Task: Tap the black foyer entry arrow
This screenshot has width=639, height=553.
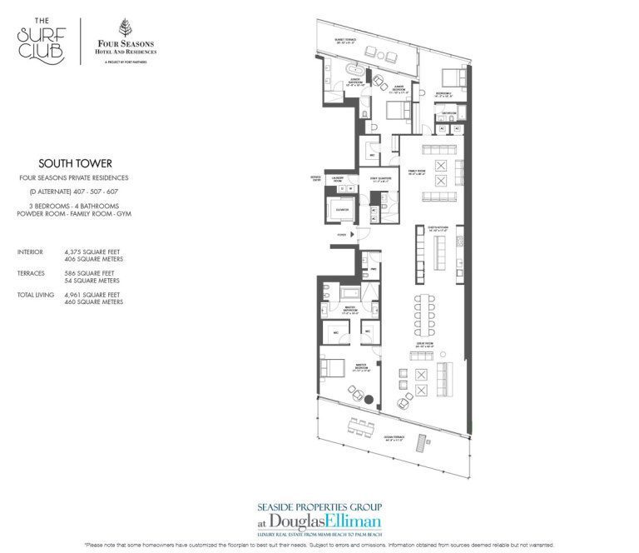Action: click(x=354, y=236)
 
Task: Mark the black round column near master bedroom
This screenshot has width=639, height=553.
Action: click(x=379, y=406)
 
